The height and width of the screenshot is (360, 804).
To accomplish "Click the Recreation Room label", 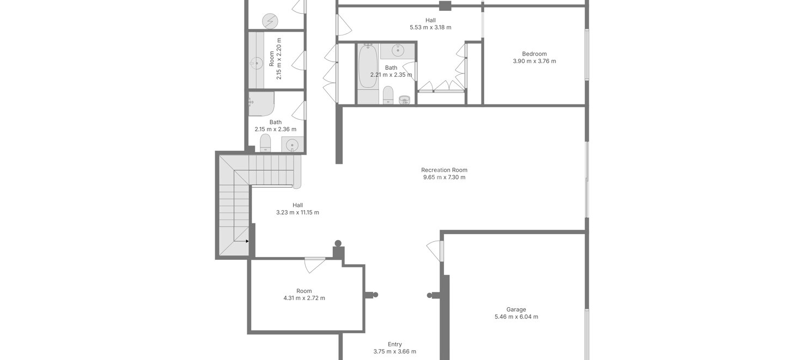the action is click(444, 170).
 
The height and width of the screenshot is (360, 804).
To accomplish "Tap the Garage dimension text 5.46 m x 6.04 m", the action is click(516, 316).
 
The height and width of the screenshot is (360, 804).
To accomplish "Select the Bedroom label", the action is click(534, 54).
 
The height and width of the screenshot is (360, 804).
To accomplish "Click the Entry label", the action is click(394, 344).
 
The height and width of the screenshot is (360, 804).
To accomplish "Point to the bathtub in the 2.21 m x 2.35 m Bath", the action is click(368, 66).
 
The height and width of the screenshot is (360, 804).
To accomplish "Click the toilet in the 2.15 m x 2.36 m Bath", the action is click(265, 143).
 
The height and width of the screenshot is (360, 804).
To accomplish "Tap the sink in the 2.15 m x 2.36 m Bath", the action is click(292, 144).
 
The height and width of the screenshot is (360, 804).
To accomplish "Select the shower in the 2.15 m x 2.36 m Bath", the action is click(261, 103).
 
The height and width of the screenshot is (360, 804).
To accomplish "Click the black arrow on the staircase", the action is click(247, 241).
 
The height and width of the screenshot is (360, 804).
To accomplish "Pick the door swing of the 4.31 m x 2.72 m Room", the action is click(314, 266).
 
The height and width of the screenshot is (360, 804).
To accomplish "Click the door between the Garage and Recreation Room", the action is click(435, 251).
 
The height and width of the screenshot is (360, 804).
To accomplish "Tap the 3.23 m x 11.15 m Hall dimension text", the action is click(297, 212).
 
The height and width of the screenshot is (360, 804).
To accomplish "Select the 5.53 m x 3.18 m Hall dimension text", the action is click(430, 27).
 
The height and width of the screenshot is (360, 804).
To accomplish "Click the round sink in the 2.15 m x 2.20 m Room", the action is click(256, 64).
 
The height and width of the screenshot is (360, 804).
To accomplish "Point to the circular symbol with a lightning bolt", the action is click(270, 21).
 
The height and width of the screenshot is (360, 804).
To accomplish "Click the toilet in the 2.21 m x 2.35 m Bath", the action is click(388, 95).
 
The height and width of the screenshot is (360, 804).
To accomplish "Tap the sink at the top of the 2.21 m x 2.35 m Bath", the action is click(398, 51).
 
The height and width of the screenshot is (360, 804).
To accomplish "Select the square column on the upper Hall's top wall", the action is click(445, 6).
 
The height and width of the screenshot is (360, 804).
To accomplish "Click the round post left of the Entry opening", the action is click(375, 295).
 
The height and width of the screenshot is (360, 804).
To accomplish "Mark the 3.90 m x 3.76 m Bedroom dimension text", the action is click(534, 61).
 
